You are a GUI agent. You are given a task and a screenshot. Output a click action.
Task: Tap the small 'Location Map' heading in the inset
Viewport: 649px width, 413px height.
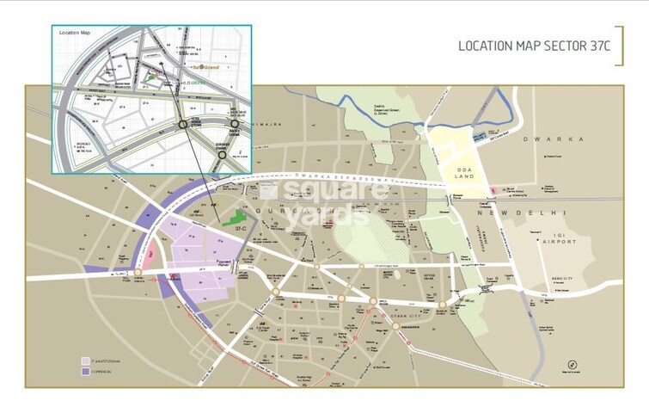point(74,33)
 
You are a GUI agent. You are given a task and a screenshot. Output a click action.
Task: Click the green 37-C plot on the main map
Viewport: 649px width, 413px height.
point(233,215)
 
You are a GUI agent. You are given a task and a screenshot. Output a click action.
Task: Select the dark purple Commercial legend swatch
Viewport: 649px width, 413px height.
point(85,372)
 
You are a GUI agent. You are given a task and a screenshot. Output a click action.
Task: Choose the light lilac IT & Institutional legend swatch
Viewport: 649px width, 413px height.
point(85,361)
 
